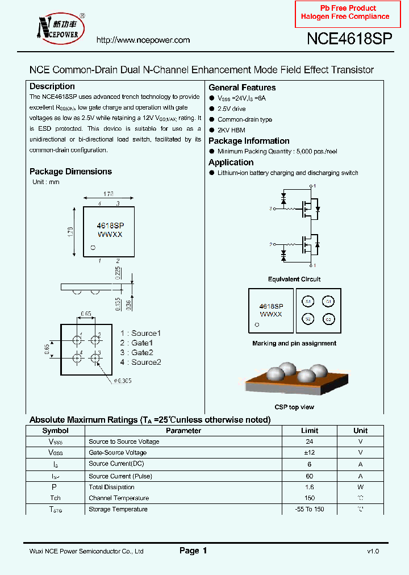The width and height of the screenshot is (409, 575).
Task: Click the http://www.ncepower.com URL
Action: coord(143,40)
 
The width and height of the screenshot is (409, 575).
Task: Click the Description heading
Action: coord(52,86)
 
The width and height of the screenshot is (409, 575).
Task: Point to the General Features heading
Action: coord(242,88)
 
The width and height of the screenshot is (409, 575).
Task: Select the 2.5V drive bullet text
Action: coord(232,109)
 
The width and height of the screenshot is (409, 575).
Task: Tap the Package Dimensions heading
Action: coord(70,172)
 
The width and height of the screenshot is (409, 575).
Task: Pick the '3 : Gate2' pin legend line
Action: coord(137,352)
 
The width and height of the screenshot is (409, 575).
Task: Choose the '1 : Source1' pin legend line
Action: coord(140,333)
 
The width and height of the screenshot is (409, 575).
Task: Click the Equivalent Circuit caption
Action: coord(294,279)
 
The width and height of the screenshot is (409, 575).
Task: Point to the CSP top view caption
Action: coord(294,407)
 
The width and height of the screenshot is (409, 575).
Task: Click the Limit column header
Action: coord(310,431)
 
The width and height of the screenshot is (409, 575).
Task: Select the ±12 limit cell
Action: coord(310,453)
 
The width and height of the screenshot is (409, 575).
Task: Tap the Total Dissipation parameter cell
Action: coord(112,487)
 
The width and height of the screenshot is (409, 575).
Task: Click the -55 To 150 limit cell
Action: coord(310,509)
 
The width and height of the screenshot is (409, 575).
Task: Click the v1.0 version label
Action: coord(373,551)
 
